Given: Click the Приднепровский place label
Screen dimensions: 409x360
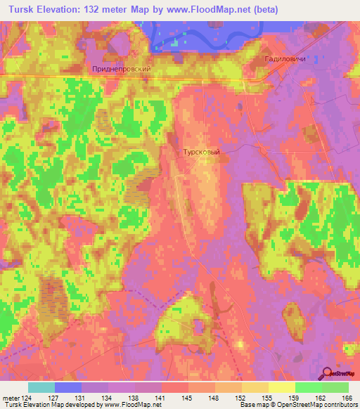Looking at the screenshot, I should pos(122,70).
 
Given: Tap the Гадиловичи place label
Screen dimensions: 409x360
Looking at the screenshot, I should pos(285,60).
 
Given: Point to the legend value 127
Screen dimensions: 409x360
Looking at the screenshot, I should pos(54,397).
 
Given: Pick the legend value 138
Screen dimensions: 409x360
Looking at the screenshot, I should pos(134,397).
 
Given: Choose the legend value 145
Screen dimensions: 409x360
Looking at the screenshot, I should pos(188,397).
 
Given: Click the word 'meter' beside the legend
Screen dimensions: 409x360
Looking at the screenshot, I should pos(10,397).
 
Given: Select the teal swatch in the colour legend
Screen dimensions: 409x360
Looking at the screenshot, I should pos(41,387).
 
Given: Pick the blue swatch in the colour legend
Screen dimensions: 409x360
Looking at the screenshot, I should pos(68,387).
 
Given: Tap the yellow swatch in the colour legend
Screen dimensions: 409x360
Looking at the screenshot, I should pos(282,387).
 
